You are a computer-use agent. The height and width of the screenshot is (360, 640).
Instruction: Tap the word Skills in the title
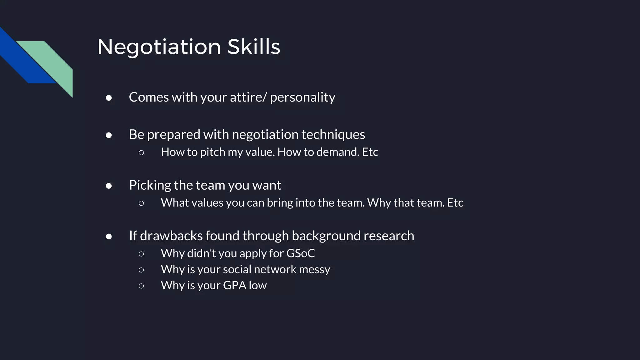[x=253, y=47]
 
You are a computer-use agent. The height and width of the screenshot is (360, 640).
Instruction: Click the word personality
[x=302, y=97]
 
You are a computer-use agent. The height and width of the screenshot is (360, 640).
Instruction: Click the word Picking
[x=150, y=185]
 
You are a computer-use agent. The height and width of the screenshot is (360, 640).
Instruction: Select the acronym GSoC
[x=300, y=253]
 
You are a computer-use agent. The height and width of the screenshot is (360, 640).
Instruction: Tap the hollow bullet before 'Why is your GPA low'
[x=141, y=286]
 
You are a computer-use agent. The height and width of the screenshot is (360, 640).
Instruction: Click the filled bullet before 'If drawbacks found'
[x=109, y=237]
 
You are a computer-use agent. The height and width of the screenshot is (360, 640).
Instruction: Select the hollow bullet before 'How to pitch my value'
[x=141, y=152]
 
